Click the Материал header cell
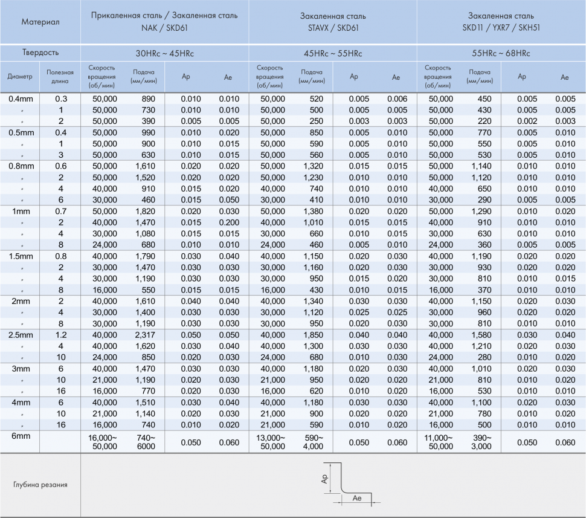tap(40, 22)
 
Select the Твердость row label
tap(40, 53)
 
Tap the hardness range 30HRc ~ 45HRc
tap(164, 53)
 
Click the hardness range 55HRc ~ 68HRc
tap(501, 53)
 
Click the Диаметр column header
tap(19, 77)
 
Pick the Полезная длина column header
tap(60, 77)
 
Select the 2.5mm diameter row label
tap(20, 335)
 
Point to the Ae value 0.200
tap(229, 222)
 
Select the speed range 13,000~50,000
tap(272, 442)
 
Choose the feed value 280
tap(483, 357)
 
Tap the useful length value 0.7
tap(61, 211)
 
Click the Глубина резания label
tap(40, 485)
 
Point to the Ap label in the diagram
tap(324, 479)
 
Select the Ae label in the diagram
tap(356, 498)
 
